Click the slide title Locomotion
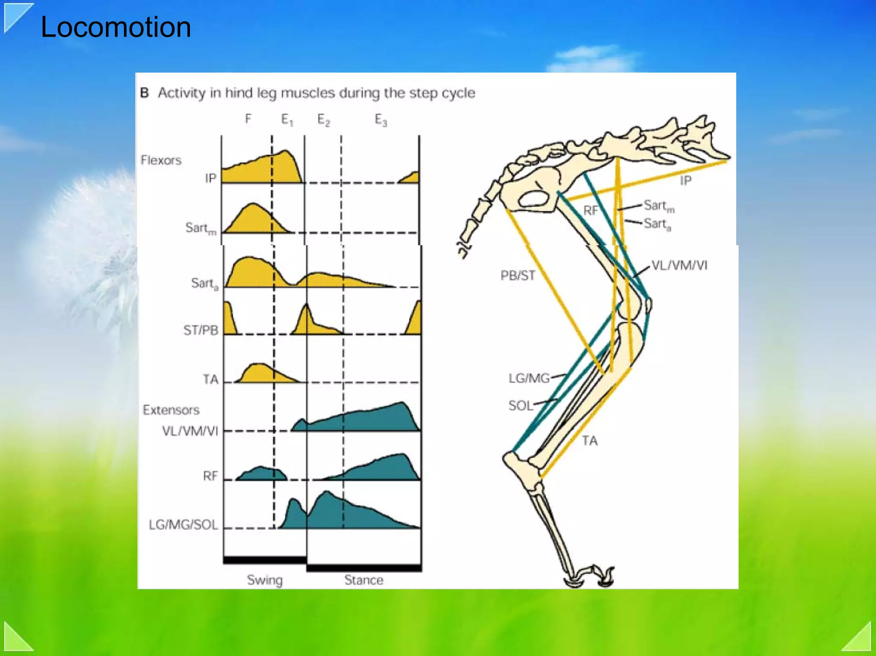coord(115,27)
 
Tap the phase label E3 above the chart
coord(381,120)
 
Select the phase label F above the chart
coord(248,118)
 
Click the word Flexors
coord(161,160)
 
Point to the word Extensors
coord(171,410)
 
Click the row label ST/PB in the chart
coord(201,331)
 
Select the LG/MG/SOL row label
coord(183,525)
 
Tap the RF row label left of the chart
coord(210,476)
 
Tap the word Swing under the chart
coord(265,580)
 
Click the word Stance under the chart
coord(364,580)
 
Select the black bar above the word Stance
coord(364,568)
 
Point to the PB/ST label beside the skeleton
coord(518,275)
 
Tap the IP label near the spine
coord(686,181)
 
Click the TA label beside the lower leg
coord(589,441)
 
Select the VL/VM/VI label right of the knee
coord(679,266)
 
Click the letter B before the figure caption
coord(145,93)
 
